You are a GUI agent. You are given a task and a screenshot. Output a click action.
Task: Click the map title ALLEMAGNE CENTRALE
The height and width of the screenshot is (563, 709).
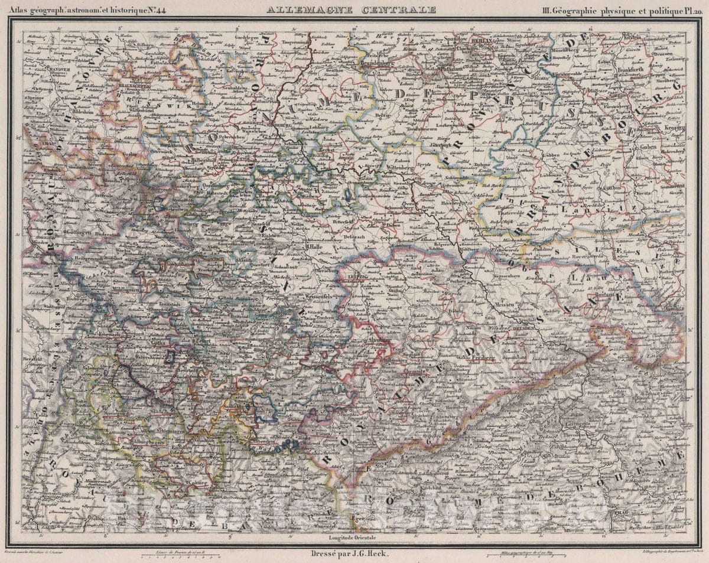tap(351, 9)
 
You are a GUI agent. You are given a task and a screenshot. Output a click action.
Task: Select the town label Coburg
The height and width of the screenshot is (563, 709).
tap(202, 483)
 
